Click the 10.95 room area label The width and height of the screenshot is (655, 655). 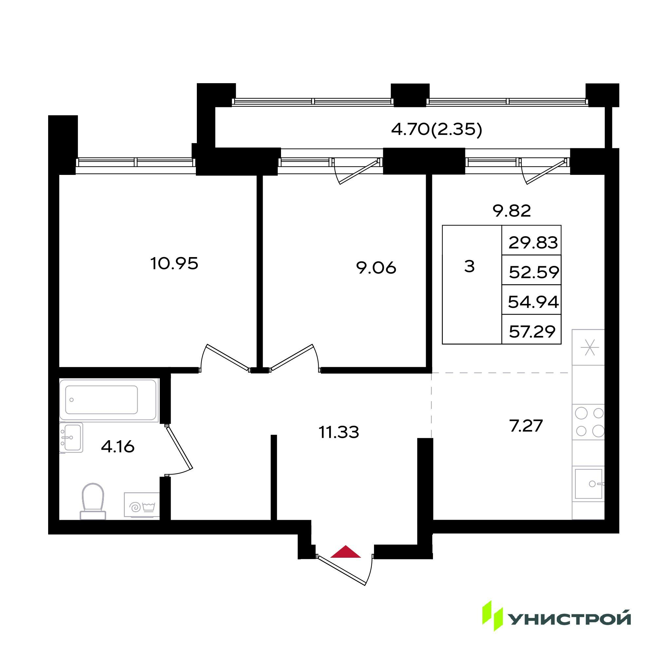click(174, 263)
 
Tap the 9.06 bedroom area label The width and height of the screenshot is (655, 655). click(376, 268)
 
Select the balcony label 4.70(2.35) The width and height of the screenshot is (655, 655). click(437, 129)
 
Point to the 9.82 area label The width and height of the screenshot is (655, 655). click(511, 211)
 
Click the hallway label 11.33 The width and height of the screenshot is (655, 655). click(339, 432)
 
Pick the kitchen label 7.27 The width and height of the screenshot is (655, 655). click(526, 426)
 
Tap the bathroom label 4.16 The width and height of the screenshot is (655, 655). click(118, 447)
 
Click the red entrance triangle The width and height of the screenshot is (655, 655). click(346, 551)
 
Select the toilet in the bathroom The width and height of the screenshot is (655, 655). click(93, 501)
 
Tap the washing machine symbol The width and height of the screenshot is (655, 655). click(142, 505)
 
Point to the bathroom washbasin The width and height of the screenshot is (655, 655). click(71, 437)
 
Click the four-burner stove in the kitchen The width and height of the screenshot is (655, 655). click(588, 422)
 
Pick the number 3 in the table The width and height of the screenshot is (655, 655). click(469, 267)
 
